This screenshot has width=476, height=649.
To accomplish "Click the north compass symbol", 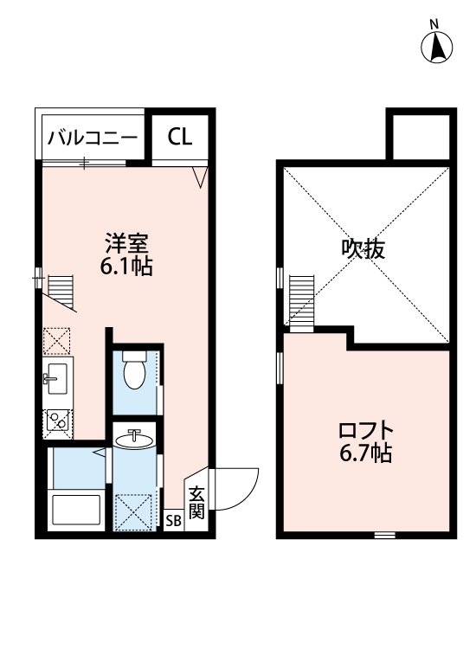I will click(438, 46).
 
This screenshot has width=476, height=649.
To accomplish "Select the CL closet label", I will click(180, 137).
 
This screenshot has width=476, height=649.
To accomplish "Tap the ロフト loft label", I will click(364, 430).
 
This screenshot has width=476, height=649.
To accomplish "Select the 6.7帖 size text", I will click(364, 453).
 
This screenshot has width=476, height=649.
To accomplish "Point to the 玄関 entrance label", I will click(196, 503).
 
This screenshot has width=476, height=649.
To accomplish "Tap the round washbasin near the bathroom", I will click(135, 440).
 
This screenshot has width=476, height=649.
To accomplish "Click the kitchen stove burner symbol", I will click(58, 421).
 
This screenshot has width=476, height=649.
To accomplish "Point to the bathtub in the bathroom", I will click(77, 512).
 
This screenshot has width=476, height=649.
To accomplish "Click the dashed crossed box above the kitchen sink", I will click(57, 342).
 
